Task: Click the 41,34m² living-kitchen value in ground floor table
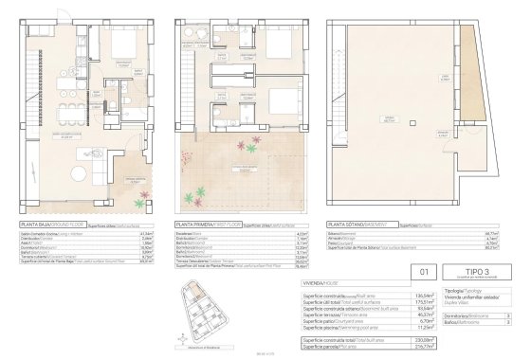tap(147, 234)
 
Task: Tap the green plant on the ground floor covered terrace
tap(139, 203)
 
